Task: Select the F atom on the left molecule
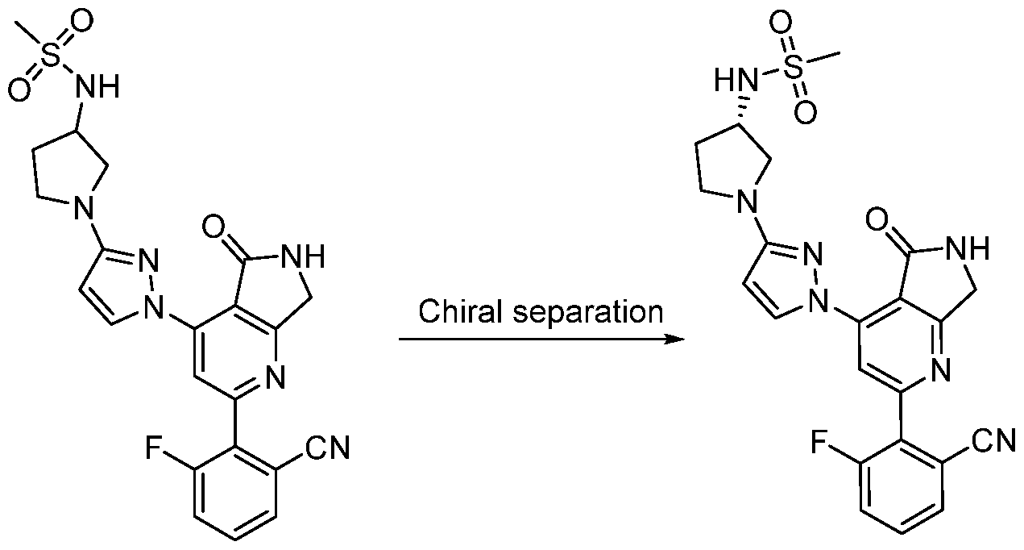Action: click(154, 448)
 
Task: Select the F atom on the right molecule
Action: click(819, 443)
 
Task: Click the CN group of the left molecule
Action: click(327, 447)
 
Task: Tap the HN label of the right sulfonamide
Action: click(736, 81)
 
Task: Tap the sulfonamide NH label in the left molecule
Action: click(97, 86)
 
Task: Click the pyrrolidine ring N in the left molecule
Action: click(84, 206)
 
